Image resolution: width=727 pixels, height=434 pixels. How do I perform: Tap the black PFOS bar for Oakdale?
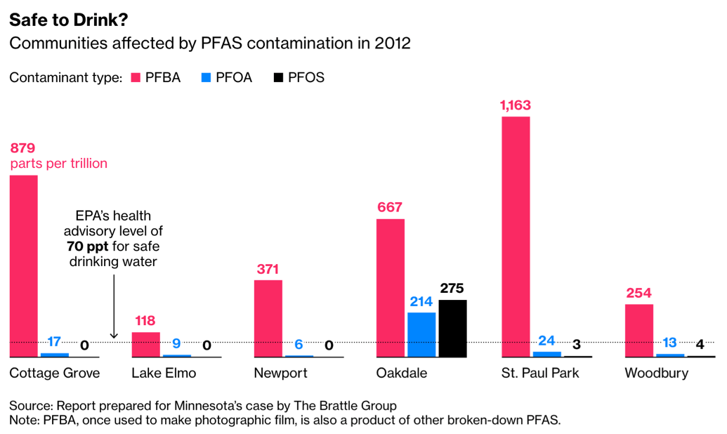(x=452, y=328)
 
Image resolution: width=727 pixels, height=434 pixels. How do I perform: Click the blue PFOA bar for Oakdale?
(x=421, y=334)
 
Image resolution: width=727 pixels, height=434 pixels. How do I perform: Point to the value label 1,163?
(x=516, y=106)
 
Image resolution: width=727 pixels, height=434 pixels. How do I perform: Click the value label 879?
(x=22, y=148)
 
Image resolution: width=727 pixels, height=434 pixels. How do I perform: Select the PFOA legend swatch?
(x=205, y=77)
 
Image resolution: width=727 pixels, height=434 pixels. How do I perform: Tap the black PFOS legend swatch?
(x=278, y=77)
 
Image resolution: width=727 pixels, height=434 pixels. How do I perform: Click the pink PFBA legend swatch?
(x=135, y=77)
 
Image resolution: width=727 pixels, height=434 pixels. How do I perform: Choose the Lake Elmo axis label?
(x=164, y=373)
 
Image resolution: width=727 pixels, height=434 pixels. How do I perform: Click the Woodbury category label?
(x=656, y=373)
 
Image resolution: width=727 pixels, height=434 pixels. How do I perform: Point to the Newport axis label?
(x=280, y=373)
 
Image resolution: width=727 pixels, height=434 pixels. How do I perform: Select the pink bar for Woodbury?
(x=639, y=330)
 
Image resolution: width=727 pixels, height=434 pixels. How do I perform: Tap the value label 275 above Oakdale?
(x=452, y=289)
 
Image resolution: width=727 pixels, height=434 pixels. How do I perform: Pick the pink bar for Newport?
(x=268, y=318)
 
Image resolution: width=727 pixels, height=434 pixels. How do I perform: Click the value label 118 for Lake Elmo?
(x=145, y=321)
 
